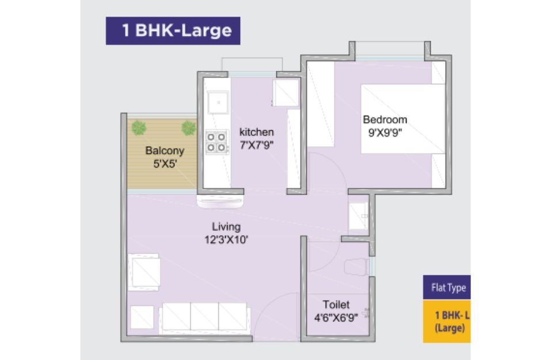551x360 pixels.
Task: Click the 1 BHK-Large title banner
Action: pyautogui.click(x=173, y=31)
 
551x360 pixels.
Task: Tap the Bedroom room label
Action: pyautogui.click(x=385, y=120)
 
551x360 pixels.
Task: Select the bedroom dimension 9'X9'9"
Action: pyautogui.click(x=385, y=133)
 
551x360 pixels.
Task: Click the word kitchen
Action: pyautogui.click(x=257, y=132)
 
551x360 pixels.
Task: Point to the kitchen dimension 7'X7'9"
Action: pyautogui.click(x=257, y=145)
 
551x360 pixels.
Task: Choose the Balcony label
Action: pyautogui.click(x=165, y=151)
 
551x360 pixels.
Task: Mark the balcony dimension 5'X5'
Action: pyautogui.click(x=165, y=164)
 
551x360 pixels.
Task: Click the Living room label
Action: pyautogui.click(x=226, y=227)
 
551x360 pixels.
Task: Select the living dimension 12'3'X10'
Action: pyautogui.click(x=226, y=240)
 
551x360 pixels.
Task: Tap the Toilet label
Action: pyautogui.click(x=336, y=305)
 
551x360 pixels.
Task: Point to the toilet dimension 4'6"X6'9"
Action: pyautogui.click(x=336, y=318)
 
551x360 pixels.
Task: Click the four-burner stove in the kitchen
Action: pyautogui.click(x=216, y=142)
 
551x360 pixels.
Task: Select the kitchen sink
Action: pyautogui.click(x=218, y=103)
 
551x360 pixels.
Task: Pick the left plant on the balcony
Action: pyautogui.click(x=139, y=128)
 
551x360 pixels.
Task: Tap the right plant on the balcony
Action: pyautogui.click(x=189, y=128)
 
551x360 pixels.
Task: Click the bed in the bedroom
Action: pyautogui.click(x=403, y=119)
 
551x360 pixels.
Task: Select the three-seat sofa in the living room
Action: pyautogui.click(x=205, y=317)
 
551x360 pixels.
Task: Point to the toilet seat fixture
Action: pyautogui.click(x=356, y=267)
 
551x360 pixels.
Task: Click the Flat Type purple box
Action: pyautogui.click(x=447, y=287)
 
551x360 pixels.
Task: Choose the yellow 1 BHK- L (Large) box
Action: pyautogui.click(x=447, y=321)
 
